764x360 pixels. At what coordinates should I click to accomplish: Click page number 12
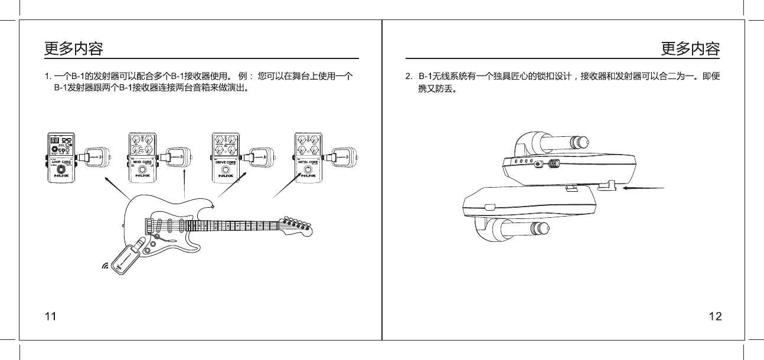(715, 316)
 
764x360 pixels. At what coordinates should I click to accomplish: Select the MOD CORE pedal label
(143, 161)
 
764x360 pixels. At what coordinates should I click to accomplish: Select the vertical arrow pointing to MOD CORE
(185, 183)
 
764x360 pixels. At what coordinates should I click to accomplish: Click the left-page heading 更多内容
(74, 48)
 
